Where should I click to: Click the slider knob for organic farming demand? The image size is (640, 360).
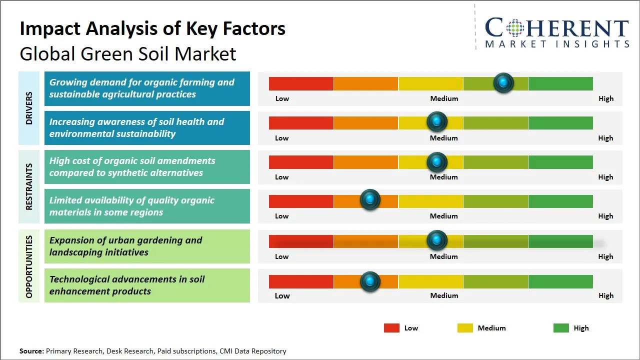coord(503,83)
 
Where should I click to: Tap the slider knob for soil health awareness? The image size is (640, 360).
coord(437,122)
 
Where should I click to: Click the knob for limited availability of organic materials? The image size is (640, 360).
coord(370,200)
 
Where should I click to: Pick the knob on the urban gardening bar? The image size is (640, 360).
coord(437,240)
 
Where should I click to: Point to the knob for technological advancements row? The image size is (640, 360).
coord(370,281)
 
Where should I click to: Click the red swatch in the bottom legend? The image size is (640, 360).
coord(391,328)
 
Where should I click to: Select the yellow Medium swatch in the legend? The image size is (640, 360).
coord(465,328)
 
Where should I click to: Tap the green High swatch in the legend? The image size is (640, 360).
coord(561,328)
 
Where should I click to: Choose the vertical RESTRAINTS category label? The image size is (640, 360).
coord(29,186)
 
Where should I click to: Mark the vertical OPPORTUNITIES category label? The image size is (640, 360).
coord(29,266)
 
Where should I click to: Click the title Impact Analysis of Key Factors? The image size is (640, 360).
coord(152,29)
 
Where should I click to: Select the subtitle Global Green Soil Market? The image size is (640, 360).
coord(127,54)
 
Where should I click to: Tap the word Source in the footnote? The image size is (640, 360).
coord(31,351)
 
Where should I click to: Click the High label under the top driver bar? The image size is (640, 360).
coord(605,98)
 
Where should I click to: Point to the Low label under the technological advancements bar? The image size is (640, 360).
coord(282,295)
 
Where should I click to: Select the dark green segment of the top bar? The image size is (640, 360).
coord(560,83)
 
